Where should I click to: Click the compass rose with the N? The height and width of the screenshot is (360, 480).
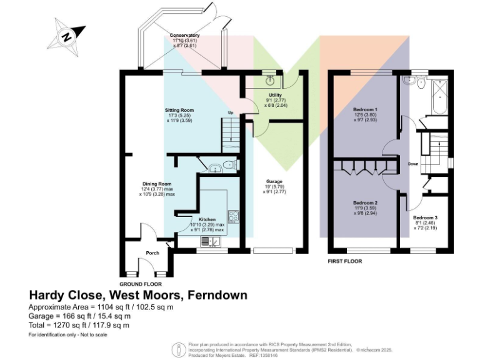click(67, 36)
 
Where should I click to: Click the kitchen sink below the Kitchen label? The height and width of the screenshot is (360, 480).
click(210, 241)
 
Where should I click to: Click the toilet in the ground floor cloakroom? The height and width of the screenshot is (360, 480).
click(229, 166)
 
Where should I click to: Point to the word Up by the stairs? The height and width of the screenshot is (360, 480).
click(230, 113)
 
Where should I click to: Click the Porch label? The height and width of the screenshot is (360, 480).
click(152, 253)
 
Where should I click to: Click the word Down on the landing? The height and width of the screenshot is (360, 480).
click(413, 164)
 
